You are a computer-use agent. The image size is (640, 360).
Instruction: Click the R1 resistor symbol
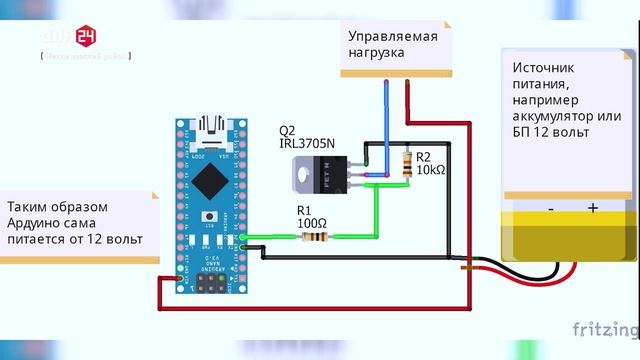pyautogui.click(x=315, y=237)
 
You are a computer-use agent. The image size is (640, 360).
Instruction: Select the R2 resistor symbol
pyautogui.click(x=406, y=164)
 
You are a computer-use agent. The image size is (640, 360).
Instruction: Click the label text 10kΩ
pyautogui.click(x=431, y=171)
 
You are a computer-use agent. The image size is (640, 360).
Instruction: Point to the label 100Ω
pyautogui.click(x=312, y=222)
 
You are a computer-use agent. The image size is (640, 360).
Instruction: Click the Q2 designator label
pyautogui.click(x=287, y=131)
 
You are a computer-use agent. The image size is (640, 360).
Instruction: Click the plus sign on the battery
pyautogui.click(x=592, y=208)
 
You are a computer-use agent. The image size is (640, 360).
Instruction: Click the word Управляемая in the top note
pyautogui.click(x=393, y=37)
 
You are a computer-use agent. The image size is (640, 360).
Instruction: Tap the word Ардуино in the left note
pyautogui.click(x=35, y=223)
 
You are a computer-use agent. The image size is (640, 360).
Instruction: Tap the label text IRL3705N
pyautogui.click(x=307, y=146)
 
